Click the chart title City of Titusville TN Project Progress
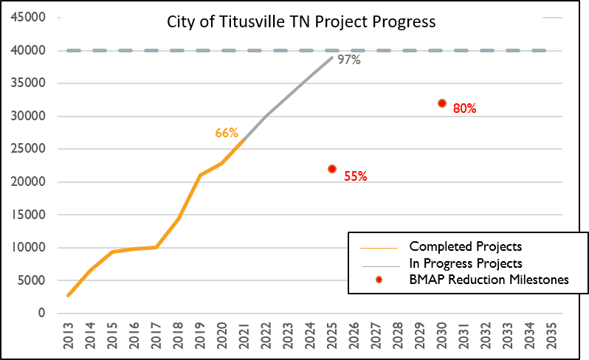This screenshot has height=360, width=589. click(x=300, y=22)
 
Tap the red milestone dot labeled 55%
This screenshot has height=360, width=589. click(x=332, y=169)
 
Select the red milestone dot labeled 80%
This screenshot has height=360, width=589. click(x=442, y=103)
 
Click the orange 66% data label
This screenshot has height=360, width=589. click(x=227, y=134)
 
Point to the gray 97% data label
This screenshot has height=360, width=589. click(x=348, y=60)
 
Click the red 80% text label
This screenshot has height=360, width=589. click(x=464, y=108)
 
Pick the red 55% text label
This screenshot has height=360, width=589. click(x=355, y=177)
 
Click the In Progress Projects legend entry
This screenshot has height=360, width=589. click(x=465, y=263)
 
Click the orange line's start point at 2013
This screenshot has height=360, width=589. click(x=69, y=295)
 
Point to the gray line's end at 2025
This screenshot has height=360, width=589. click(x=332, y=58)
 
